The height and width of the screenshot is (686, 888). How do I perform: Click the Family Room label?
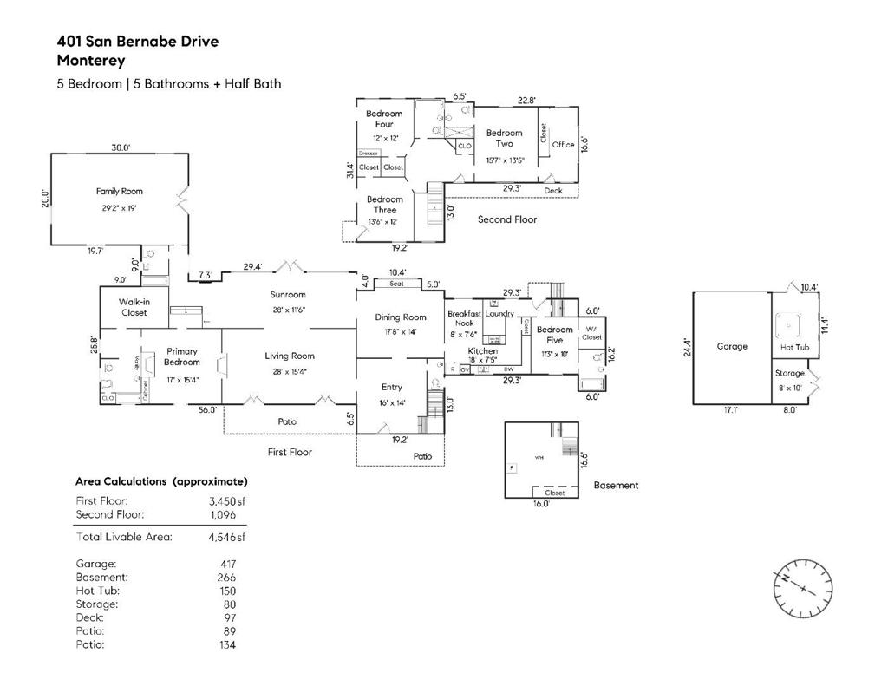click(120, 191)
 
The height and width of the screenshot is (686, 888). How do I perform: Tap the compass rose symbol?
click(803, 588)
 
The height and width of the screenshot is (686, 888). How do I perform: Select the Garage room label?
click(732, 346)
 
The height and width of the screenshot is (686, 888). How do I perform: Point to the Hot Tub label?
click(793, 347)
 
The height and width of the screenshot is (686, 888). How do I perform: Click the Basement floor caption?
click(616, 486)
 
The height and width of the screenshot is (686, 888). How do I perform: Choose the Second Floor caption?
click(507, 219)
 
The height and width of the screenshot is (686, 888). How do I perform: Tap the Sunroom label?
click(288, 295)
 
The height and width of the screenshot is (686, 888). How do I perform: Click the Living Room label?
click(290, 356)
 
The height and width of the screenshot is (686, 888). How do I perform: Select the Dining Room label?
click(401, 317)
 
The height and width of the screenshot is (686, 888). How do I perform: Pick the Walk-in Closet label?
click(134, 307)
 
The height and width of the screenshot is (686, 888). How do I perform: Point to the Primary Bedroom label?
click(182, 356)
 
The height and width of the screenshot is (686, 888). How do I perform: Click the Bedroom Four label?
click(384, 119)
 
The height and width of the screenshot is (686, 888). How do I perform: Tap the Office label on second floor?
click(563, 145)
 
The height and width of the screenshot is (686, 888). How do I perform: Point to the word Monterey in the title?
click(91, 61)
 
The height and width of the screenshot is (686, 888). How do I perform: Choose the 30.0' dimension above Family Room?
click(121, 147)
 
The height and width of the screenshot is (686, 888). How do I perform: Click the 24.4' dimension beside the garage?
click(686, 347)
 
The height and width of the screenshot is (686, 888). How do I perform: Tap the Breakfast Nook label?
click(464, 318)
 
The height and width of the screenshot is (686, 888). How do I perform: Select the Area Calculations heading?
click(161, 480)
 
